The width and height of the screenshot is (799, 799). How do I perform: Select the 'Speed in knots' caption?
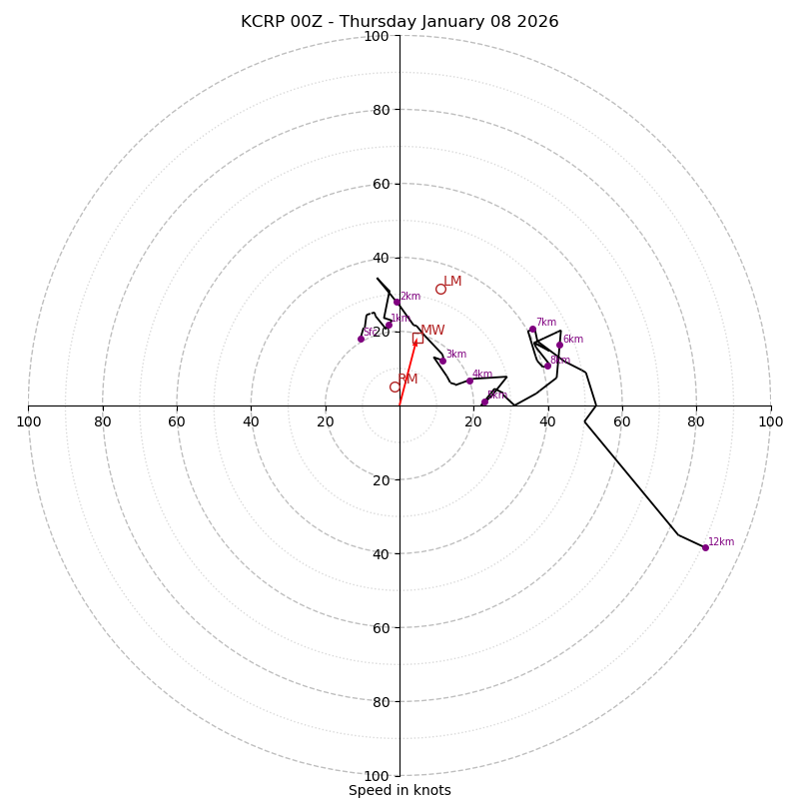[399, 790]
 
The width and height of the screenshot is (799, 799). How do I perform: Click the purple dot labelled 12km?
[705, 547]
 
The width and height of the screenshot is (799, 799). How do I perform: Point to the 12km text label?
[721, 542]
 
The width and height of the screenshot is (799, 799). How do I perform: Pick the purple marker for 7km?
[532, 329]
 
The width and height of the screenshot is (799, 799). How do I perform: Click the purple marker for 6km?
[559, 346]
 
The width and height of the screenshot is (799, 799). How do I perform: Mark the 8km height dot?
[547, 366]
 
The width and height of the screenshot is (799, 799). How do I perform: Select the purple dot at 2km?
[397, 302]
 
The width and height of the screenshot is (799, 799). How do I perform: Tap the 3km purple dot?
[442, 361]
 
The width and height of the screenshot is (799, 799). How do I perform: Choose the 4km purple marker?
[469, 381]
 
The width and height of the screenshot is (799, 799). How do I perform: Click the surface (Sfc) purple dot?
[361, 339]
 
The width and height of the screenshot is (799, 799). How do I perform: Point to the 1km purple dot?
[389, 325]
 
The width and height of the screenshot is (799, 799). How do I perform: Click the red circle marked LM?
[440, 290]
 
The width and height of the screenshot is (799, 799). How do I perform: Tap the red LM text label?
[452, 282]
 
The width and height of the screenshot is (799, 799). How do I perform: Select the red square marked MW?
[417, 338]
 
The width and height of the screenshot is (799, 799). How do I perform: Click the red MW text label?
[432, 331]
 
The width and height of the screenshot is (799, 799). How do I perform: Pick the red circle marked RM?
[395, 387]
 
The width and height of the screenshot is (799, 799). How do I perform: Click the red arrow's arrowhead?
[414, 343]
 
